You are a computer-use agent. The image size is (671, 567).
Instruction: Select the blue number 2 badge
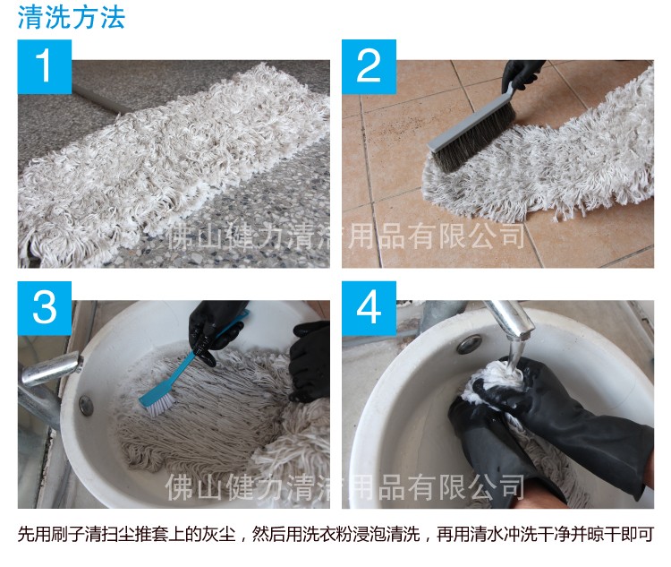point(368,66)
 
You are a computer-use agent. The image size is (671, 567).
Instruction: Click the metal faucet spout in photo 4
point(506,318)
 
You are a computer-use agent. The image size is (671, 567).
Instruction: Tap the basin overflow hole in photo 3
point(86,405)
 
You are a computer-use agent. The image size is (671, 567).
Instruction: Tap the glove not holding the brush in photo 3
point(310,358)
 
